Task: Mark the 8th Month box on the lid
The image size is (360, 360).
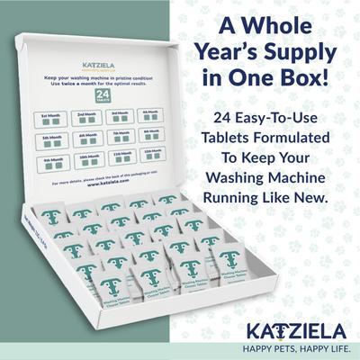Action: tap(151, 134)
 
